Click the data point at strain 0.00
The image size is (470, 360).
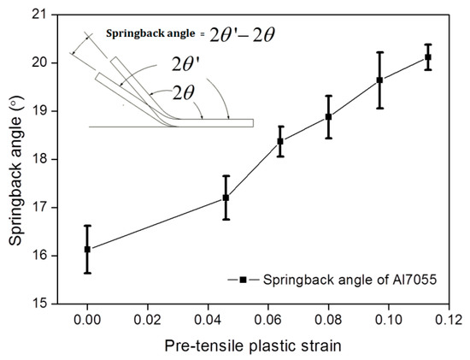pos(87,249)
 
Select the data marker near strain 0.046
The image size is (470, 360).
pos(226,198)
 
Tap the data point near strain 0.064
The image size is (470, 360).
pos(280,141)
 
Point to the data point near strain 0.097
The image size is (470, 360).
pos(379,80)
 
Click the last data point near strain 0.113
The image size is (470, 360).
pos(428,57)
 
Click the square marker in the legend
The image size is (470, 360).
pos(244,280)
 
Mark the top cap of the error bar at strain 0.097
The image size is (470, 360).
pos(379,52)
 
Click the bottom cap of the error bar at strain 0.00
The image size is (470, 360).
pos(87,273)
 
